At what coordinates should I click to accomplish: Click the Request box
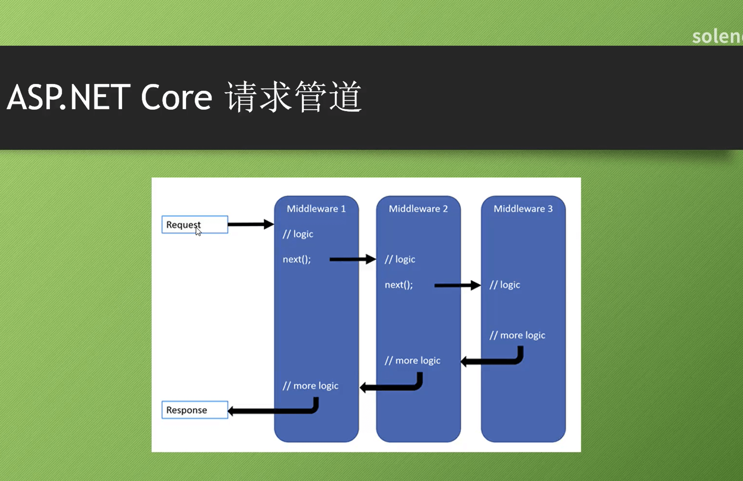tap(194, 225)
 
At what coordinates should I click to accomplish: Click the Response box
tap(194, 410)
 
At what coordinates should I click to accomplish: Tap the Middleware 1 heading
tap(316, 209)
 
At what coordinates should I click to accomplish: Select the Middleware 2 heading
tap(418, 209)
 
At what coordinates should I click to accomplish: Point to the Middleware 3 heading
tap(523, 209)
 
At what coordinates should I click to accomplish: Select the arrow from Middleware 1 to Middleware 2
tap(352, 259)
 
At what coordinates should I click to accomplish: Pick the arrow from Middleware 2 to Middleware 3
tap(457, 285)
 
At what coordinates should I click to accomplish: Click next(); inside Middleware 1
tap(297, 259)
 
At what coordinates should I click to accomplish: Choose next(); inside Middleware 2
tap(399, 284)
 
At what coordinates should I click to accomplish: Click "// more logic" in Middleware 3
tap(517, 335)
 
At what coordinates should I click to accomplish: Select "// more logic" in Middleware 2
tap(412, 360)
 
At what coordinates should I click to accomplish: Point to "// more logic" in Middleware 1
tap(310, 385)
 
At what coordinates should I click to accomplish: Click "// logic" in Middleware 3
tap(505, 284)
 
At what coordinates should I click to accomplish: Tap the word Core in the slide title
tap(176, 97)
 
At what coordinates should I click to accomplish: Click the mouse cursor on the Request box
tap(198, 231)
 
